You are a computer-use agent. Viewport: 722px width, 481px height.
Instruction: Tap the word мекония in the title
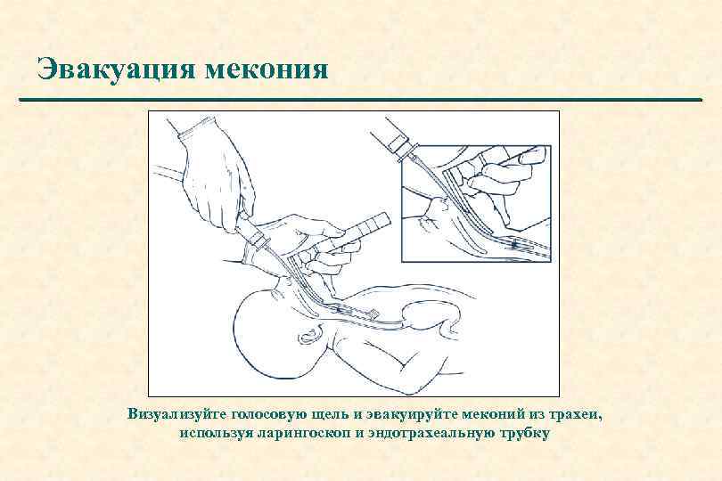267,71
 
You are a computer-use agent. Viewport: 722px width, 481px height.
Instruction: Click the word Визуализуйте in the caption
176,414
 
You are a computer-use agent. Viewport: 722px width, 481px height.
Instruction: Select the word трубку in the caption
524,434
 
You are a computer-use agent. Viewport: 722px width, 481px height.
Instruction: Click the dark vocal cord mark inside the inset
515,243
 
